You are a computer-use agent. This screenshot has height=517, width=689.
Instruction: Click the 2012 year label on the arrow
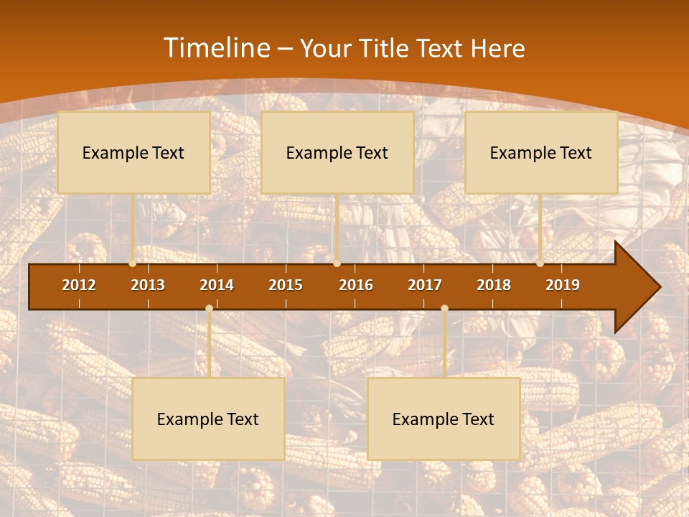[x=79, y=285]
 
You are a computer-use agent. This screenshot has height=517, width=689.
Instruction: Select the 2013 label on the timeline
[x=148, y=285]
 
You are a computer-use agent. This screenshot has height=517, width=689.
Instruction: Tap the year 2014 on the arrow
[x=217, y=285]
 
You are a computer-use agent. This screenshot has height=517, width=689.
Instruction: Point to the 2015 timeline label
[x=286, y=285]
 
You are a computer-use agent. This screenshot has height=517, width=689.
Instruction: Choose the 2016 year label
[x=356, y=285]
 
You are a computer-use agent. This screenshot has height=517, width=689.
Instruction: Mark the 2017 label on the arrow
[x=425, y=285]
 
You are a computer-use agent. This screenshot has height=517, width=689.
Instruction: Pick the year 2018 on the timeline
[x=494, y=285]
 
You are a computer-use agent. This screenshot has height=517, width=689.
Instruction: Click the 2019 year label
[x=563, y=285]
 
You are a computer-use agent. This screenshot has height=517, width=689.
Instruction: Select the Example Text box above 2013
[x=133, y=153]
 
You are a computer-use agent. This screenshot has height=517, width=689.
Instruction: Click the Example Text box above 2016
[x=337, y=153]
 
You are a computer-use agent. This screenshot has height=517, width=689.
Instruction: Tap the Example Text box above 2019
[x=541, y=153]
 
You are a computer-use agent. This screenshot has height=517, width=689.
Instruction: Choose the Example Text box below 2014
[x=208, y=419]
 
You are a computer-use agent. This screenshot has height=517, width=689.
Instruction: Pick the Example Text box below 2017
[x=444, y=419]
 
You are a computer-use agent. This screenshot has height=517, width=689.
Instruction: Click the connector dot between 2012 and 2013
[x=133, y=264]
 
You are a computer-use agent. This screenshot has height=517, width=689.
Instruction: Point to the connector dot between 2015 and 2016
[x=337, y=264]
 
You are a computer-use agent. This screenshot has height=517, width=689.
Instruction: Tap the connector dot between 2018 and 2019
[x=540, y=264]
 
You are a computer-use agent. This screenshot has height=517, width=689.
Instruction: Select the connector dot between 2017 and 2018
[x=444, y=308]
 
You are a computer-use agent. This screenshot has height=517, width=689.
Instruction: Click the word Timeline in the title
[x=216, y=48]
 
